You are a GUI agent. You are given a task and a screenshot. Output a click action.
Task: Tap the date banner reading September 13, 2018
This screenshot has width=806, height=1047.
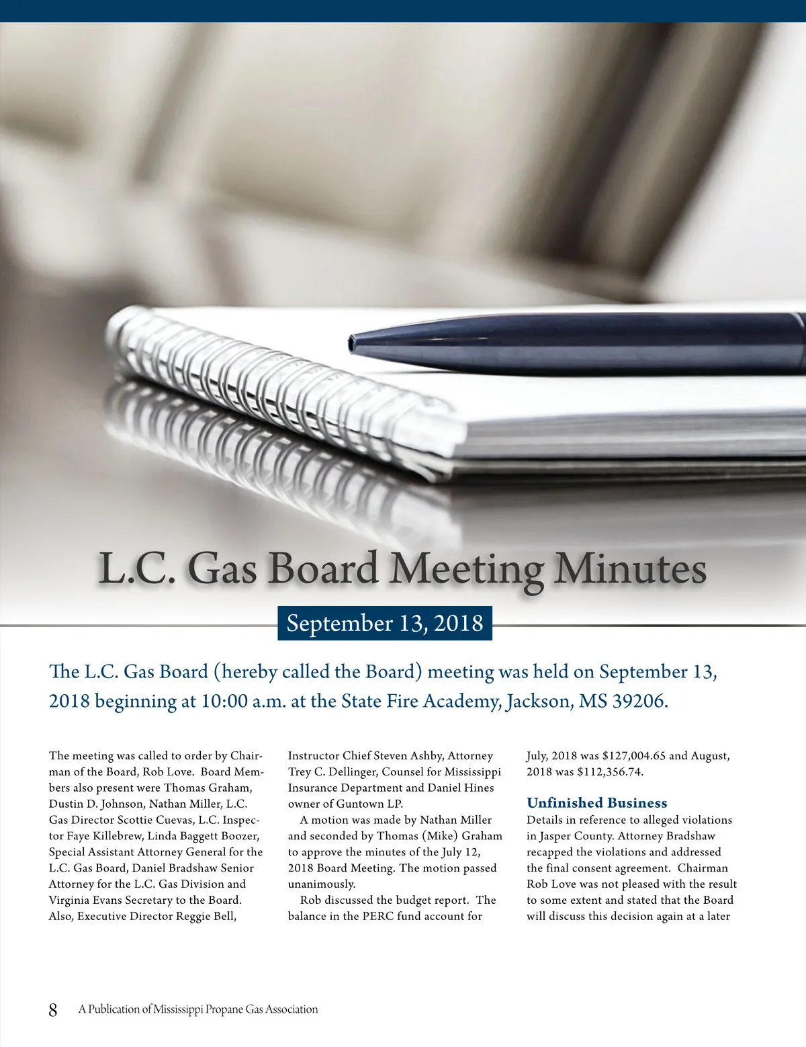[385, 623]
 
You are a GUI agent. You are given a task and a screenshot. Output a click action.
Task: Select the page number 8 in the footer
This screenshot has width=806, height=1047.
[53, 1009]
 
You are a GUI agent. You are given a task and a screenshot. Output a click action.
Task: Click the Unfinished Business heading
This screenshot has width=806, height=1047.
[596, 803]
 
